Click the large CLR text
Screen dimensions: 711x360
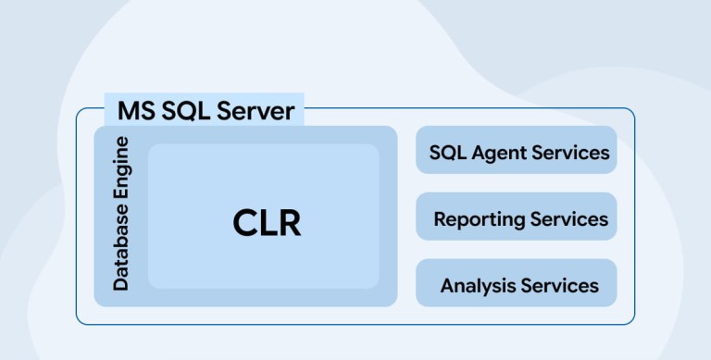[267, 223]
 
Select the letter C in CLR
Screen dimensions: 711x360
[245, 223]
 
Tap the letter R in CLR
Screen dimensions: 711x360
[290, 223]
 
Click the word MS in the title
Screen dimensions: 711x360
[136, 111]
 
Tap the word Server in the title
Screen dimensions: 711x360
[256, 111]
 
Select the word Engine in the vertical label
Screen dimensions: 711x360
[121, 168]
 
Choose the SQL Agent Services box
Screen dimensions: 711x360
[516, 150]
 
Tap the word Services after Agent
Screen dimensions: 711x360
[570, 153]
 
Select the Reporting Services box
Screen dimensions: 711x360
[516, 217]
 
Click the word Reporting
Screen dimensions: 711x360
[480, 220]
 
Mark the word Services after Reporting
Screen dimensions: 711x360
[569, 219]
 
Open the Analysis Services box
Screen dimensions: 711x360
[516, 283]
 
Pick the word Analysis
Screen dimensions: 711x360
[478, 287]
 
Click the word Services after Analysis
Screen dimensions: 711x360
[560, 286]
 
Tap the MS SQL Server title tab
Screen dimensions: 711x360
[204, 109]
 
